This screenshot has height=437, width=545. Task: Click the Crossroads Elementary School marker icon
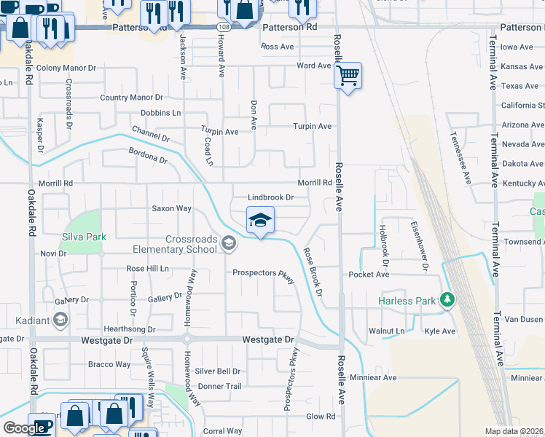pyautogui.click(x=229, y=243)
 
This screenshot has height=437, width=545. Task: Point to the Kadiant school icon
pyautogui.click(x=60, y=320)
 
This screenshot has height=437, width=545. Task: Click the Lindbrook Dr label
pyautogui.click(x=270, y=197)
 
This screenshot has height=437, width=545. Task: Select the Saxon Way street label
pyautogui.click(x=171, y=208)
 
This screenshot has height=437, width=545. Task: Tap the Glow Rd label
pyautogui.click(x=321, y=417)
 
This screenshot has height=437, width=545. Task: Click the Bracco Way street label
pyautogui.click(x=109, y=364)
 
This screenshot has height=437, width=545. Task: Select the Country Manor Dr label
pyautogui.click(x=131, y=98)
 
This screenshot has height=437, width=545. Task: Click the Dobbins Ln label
pyautogui.click(x=160, y=113)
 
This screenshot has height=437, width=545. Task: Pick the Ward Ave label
pyautogui.click(x=314, y=66)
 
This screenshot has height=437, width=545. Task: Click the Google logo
pyautogui.click(x=24, y=428)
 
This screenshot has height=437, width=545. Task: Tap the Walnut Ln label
pyautogui.click(x=386, y=331)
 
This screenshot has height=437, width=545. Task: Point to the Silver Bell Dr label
pyautogui.click(x=217, y=371)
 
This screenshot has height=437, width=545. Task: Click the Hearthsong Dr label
pyautogui.click(x=130, y=329)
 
